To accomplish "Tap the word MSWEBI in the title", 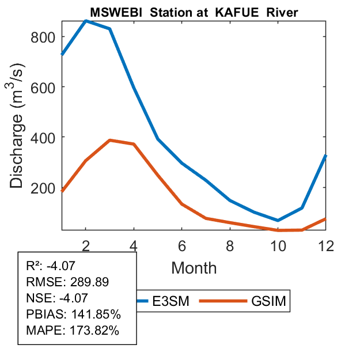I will point(112,12).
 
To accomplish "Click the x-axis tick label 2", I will point(86,245).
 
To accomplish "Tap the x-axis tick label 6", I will point(183,245).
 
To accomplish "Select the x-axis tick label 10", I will point(279,245).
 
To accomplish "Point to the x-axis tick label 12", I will point(326,245).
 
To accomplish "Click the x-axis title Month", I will point(194,267).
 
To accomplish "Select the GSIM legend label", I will point(268,301).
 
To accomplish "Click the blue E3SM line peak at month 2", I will point(86,21).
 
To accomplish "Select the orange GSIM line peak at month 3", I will point(110,140).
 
